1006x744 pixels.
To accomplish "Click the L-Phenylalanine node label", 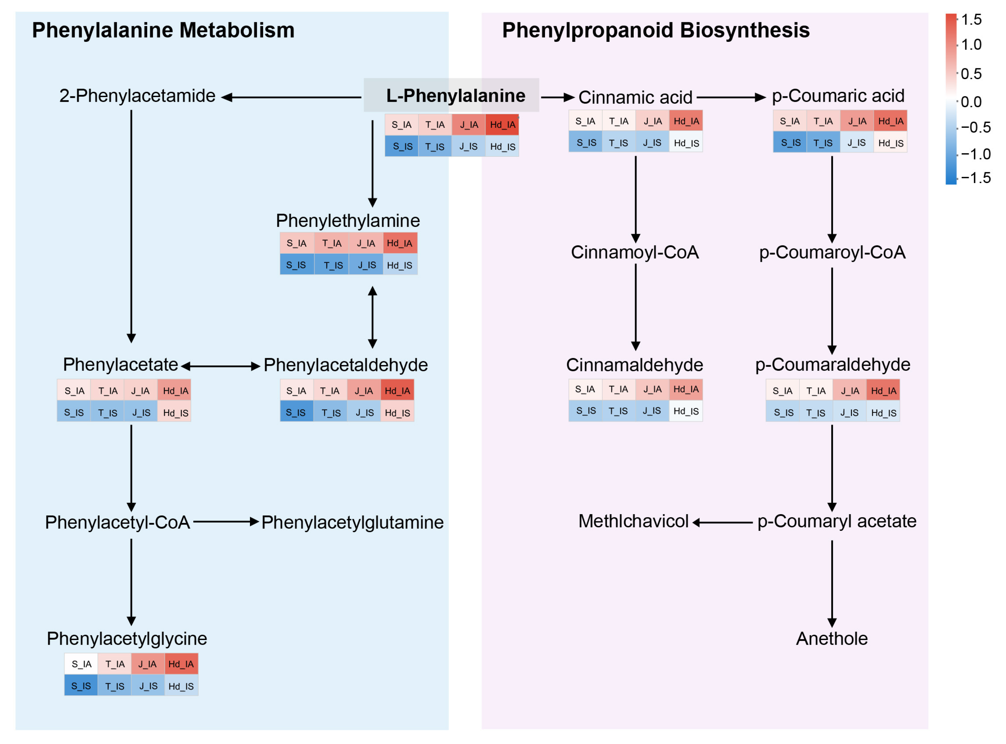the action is (x=456, y=95).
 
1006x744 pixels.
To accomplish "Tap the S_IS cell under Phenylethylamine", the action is (x=297, y=265).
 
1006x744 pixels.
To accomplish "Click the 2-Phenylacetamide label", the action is (x=137, y=95).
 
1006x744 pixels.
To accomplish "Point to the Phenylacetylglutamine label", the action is (x=352, y=522).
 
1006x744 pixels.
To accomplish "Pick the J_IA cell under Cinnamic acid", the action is (x=652, y=121).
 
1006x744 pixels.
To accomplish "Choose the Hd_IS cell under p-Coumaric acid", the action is (x=891, y=143).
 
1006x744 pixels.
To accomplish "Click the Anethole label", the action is (x=832, y=639).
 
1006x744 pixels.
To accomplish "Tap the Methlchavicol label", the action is (x=633, y=521).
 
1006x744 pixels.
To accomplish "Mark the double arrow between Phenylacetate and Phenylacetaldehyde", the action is (x=221, y=366).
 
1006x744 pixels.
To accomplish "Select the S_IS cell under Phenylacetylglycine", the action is (x=81, y=685).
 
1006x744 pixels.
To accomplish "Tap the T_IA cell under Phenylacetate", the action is (x=108, y=390).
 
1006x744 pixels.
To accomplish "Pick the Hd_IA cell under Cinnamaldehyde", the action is (x=685, y=389).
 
